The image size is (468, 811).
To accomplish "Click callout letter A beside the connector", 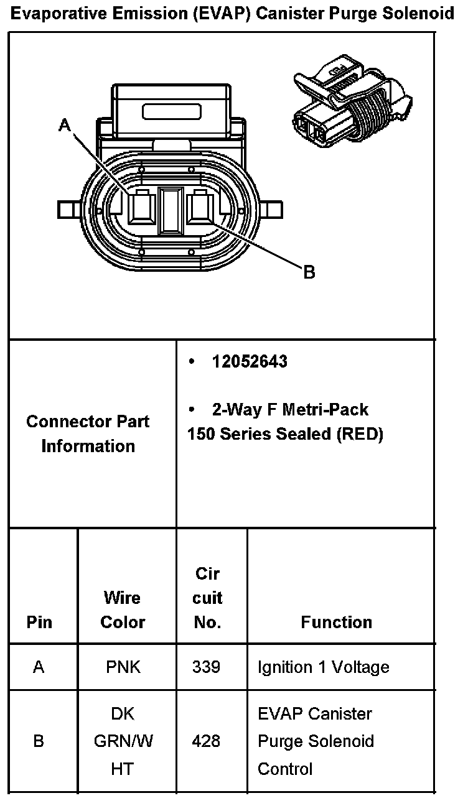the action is click(65, 125).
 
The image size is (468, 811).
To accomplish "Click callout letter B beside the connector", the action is click(309, 272).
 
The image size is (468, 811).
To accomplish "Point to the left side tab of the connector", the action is click(69, 209).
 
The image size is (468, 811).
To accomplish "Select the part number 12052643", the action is click(250, 362).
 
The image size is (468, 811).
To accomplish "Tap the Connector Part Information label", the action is click(88, 433).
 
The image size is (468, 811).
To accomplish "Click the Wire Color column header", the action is click(123, 610).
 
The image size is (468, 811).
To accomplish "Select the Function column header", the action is click(336, 622).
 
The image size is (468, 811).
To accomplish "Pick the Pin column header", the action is click(39, 622).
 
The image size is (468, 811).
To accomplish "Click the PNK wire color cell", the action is click(123, 667).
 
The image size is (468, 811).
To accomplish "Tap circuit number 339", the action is click(206, 667).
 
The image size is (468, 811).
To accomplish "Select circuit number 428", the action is click(206, 741).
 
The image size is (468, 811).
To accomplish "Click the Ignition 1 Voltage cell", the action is click(323, 667).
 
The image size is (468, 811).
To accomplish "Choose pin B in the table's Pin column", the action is click(39, 741).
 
